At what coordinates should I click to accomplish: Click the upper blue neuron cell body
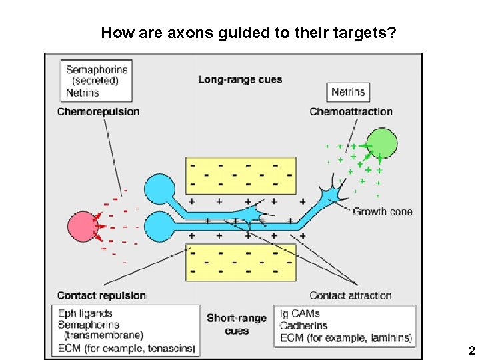[160, 188]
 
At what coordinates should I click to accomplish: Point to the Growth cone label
[383, 212]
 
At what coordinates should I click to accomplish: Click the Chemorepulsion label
[98, 111]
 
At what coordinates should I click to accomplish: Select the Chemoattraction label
[351, 111]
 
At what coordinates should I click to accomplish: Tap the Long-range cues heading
[240, 79]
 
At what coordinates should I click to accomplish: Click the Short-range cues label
[237, 324]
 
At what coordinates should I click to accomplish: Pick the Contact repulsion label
[101, 295]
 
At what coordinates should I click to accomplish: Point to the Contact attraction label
[351, 295]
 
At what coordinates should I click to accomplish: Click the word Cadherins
[303, 325]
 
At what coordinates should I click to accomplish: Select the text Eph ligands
[85, 313]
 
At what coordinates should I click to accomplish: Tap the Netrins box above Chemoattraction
[348, 92]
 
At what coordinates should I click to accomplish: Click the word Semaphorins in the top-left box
[97, 69]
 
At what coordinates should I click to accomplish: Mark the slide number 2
[471, 351]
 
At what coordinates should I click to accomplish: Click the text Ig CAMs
[300, 313]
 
